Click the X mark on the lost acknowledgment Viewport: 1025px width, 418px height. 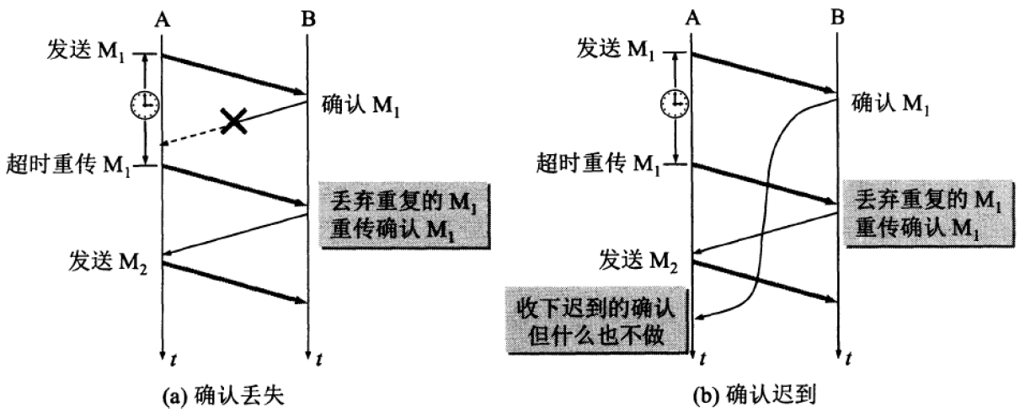[x=234, y=122]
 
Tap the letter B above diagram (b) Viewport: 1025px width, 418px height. [x=837, y=16]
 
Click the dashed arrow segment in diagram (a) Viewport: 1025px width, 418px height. [x=194, y=135]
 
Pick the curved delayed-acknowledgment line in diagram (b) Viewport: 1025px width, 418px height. [x=768, y=211]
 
